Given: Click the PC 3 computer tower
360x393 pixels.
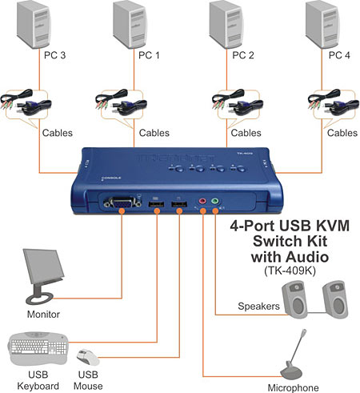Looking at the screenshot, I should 41,25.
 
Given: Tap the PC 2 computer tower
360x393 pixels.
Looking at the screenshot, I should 230,25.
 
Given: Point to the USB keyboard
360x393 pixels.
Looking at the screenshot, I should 37,347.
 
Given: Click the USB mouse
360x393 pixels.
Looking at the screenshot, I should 87,356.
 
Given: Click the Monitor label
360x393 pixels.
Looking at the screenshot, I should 43,315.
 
